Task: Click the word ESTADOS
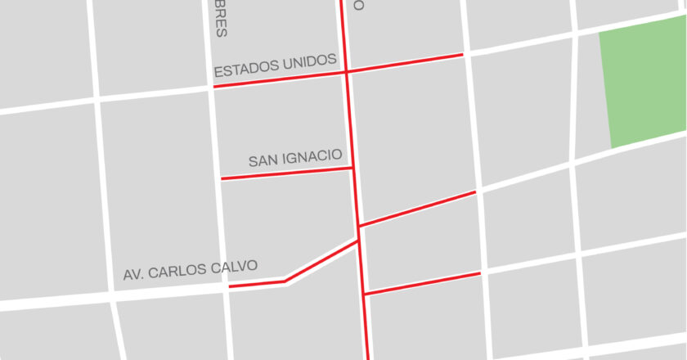tap(244, 68)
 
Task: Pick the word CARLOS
tap(178, 270)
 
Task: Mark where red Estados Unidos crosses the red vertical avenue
tap(347, 72)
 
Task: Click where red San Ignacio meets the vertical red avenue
tap(352, 169)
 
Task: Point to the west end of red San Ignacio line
tap(222, 178)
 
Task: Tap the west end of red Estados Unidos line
tap(214, 86)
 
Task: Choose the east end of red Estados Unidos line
tap(463, 55)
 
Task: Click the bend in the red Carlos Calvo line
tap(285, 281)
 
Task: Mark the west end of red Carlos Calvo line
tap(229, 287)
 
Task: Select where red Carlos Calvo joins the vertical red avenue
tap(358, 241)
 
